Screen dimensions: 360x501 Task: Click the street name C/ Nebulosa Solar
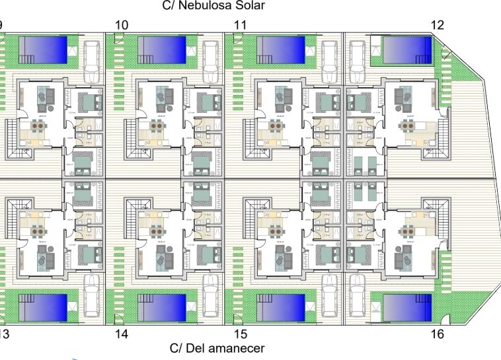point(213,6)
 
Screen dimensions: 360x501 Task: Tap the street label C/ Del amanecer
point(217,348)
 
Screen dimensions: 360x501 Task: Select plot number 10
point(122,25)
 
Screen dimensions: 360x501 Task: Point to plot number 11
point(241,25)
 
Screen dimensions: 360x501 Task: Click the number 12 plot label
point(437,25)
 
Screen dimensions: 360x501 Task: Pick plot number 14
point(121,334)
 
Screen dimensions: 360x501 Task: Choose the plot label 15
point(240,334)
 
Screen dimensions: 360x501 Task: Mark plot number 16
point(437,334)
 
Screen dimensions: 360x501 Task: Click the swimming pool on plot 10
point(162,48)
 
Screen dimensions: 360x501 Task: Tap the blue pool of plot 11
point(280,48)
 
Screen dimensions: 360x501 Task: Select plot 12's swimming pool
point(407,48)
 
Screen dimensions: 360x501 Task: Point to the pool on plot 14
point(162,307)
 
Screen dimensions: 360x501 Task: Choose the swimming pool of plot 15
point(281,307)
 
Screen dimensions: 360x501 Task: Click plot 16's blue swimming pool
point(407,307)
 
